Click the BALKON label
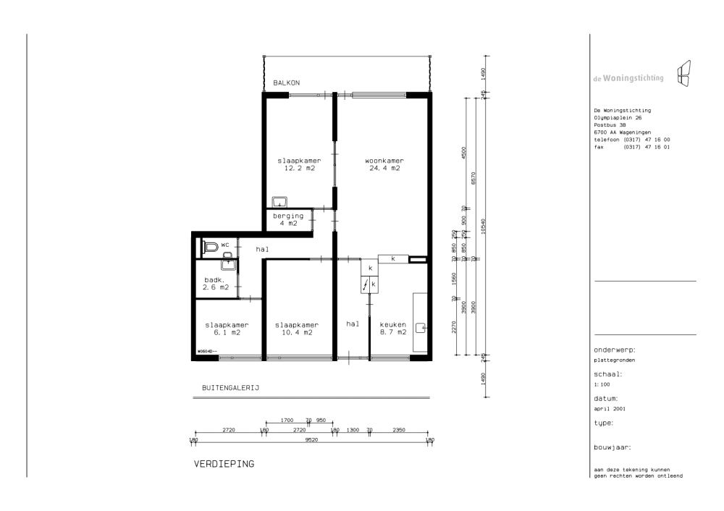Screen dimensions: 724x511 tap(286, 83)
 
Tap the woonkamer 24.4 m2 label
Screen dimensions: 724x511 tap(384, 164)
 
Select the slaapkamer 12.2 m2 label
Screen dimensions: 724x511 tap(299, 164)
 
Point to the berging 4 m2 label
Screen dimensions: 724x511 tap(288, 219)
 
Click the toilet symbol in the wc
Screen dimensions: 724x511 tap(210, 247)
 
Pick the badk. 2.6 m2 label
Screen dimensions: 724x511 tap(216, 284)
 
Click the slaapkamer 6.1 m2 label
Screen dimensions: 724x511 tap(227, 329)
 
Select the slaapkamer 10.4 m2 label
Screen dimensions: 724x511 tap(297, 329)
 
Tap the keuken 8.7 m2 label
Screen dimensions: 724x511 tap(393, 328)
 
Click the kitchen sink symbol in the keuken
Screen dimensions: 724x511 tap(421, 328)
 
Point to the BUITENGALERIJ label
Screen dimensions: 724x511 tap(230, 388)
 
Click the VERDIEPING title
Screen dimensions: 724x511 tap(224, 464)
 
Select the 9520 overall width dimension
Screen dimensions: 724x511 tap(311, 440)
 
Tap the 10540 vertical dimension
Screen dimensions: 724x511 tap(483, 227)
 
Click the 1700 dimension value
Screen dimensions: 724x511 tap(287, 420)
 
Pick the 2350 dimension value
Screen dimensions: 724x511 tap(399, 430)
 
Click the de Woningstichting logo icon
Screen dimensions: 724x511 tap(684, 73)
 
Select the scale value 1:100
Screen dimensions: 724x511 tap(602, 384)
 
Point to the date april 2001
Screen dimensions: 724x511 tap(610, 408)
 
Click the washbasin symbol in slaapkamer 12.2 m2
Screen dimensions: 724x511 tap(279, 202)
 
